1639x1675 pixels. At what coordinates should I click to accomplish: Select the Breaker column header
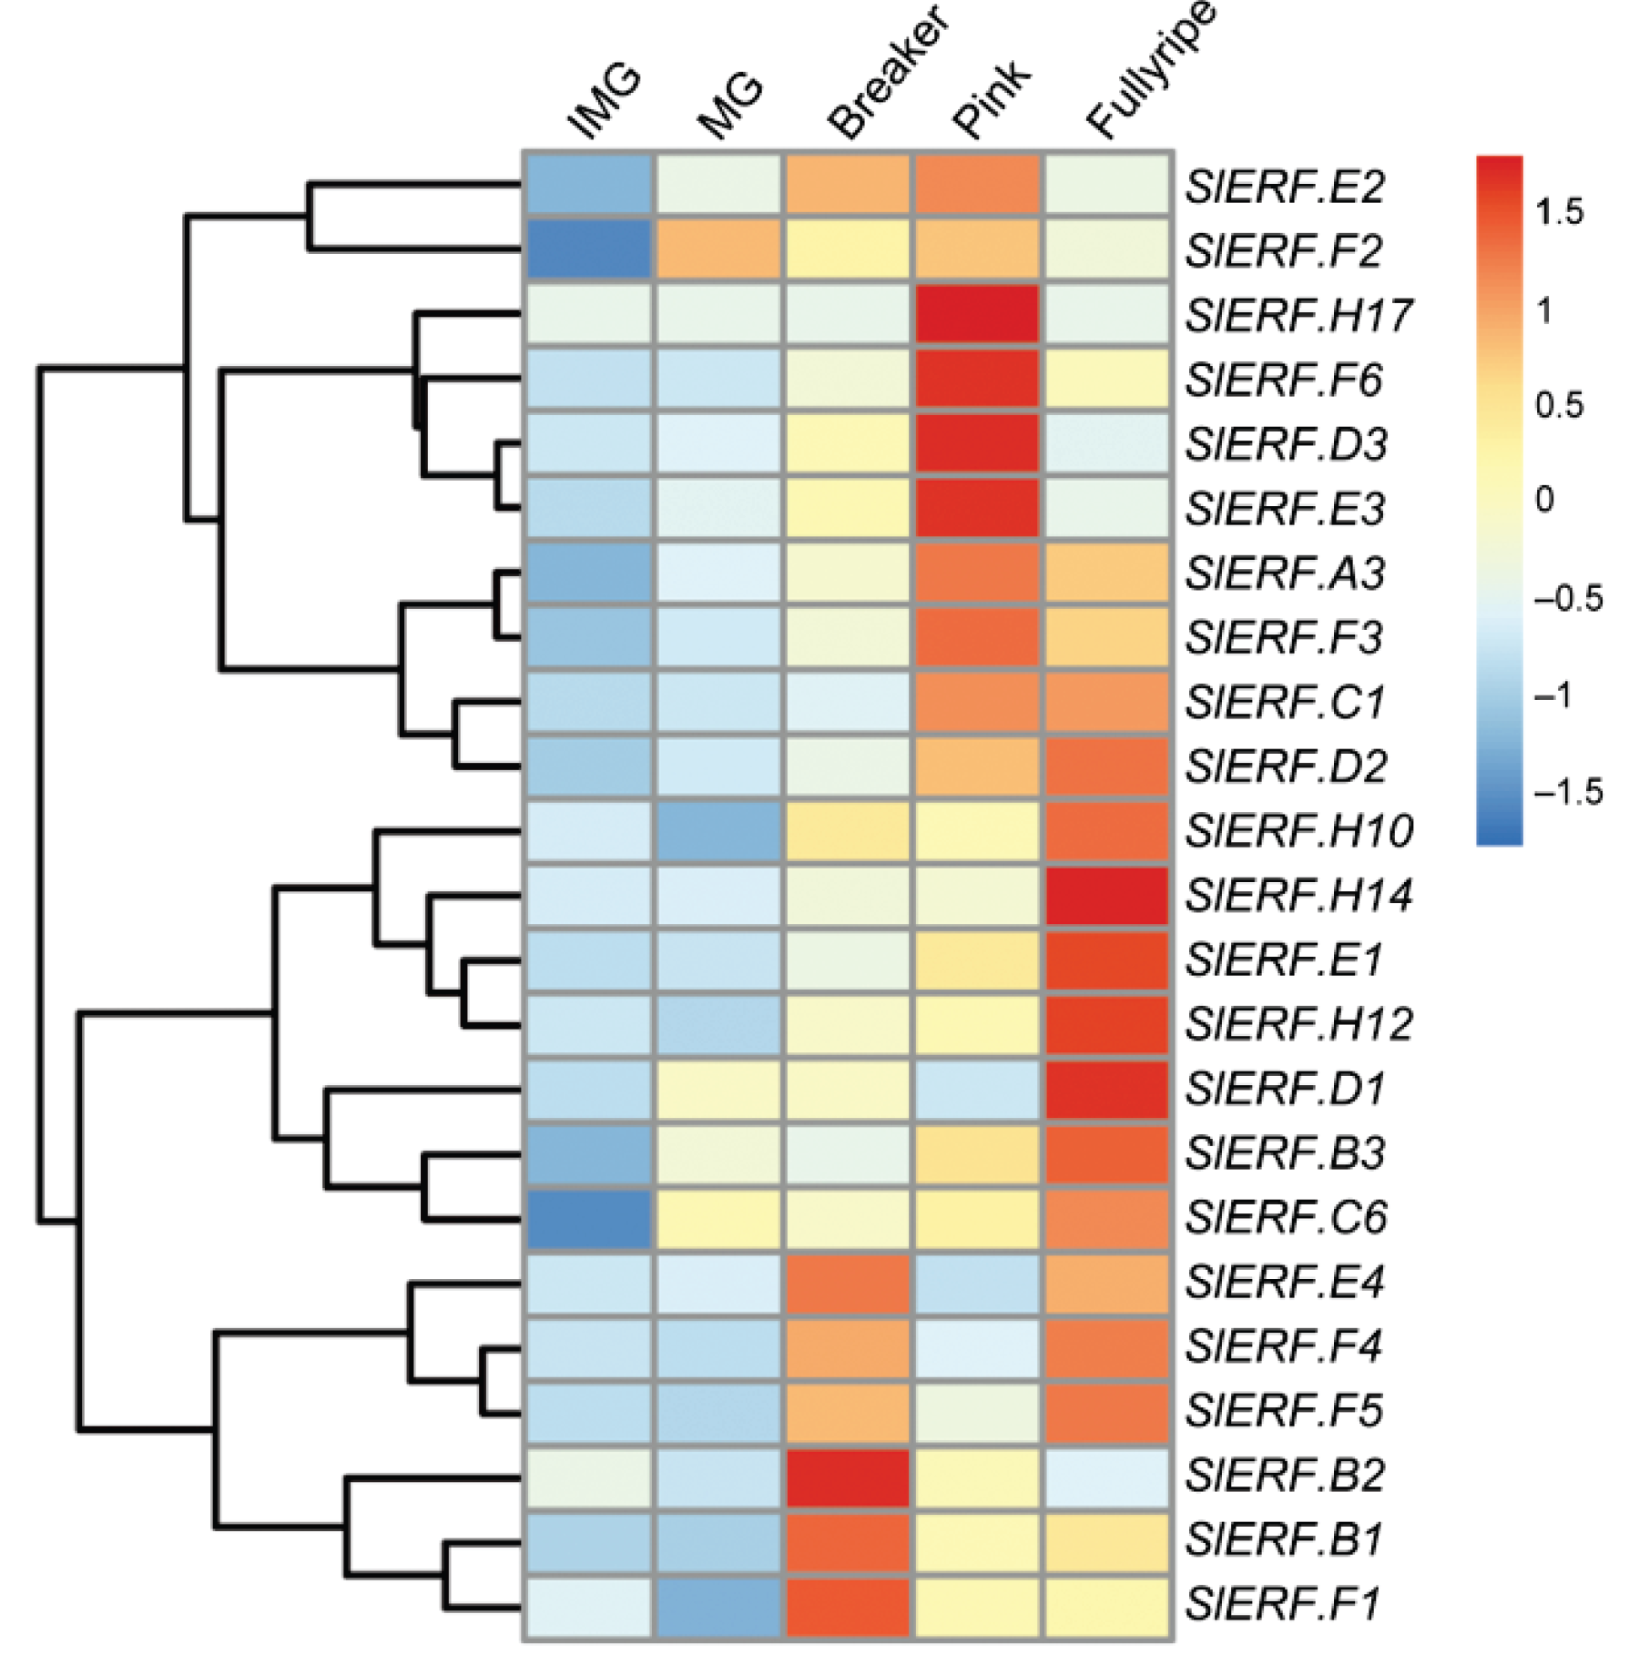888,75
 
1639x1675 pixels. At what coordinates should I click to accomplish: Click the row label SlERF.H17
1298,315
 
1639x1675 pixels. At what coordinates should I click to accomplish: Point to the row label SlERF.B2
1284,1475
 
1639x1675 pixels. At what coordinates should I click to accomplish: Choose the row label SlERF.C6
1285,1217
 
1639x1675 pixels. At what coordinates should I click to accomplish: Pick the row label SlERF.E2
1284,187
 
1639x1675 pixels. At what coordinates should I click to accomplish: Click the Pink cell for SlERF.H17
977,314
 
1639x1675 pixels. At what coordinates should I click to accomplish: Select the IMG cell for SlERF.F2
589,249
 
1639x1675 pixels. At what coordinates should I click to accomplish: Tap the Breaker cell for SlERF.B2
848,1476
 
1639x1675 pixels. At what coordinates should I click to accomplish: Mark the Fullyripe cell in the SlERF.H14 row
1107,895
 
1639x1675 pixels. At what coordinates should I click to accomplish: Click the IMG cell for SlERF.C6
589,1217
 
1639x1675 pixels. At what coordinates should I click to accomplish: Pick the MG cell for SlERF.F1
718,1604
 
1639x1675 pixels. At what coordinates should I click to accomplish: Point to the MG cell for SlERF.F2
718,249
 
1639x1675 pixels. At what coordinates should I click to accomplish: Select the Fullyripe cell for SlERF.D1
1107,1089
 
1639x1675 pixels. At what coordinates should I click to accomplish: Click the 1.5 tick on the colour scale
1559,212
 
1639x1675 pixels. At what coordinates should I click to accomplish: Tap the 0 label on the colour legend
1544,499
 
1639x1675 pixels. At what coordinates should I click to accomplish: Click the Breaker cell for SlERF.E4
848,1282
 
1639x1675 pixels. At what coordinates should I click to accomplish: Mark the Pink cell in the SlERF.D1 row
977,1089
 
